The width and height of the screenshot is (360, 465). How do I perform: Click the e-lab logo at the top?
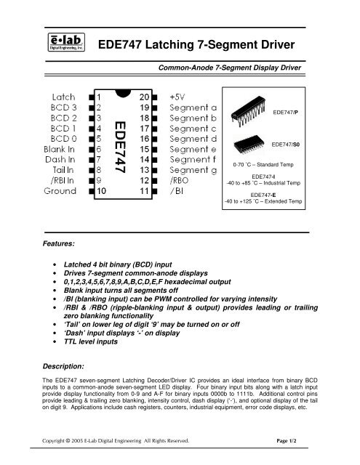click(x=68, y=43)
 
